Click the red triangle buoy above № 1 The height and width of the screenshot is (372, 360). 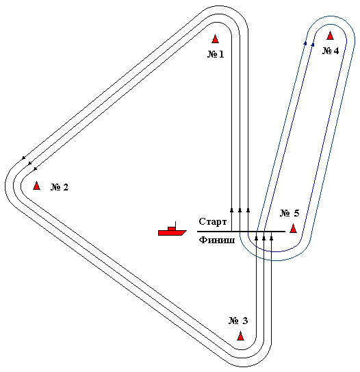(215, 39)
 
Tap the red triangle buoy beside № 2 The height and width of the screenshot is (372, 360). (36, 186)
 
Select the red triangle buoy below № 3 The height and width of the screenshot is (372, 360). (240, 336)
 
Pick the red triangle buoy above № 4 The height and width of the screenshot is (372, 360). (330, 36)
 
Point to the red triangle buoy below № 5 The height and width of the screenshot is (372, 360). (293, 228)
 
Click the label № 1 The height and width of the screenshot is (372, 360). (216, 54)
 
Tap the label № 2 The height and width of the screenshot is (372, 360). (60, 187)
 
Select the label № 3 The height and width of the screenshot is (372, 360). (238, 321)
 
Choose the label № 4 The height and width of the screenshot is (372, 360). (331, 51)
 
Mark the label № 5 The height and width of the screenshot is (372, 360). (290, 213)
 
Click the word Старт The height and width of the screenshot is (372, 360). (213, 221)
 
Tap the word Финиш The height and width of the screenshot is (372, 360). (217, 240)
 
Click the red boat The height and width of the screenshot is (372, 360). (172, 231)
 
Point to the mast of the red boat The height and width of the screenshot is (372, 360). (175, 224)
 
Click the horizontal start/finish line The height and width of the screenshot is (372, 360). (241, 232)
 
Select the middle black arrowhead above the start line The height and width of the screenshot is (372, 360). (240, 210)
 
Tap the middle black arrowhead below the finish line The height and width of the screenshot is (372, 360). (263, 238)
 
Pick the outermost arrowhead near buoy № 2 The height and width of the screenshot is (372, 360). (23, 158)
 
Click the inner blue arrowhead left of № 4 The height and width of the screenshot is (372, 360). (313, 45)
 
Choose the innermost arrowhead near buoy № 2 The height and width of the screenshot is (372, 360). (36, 169)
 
